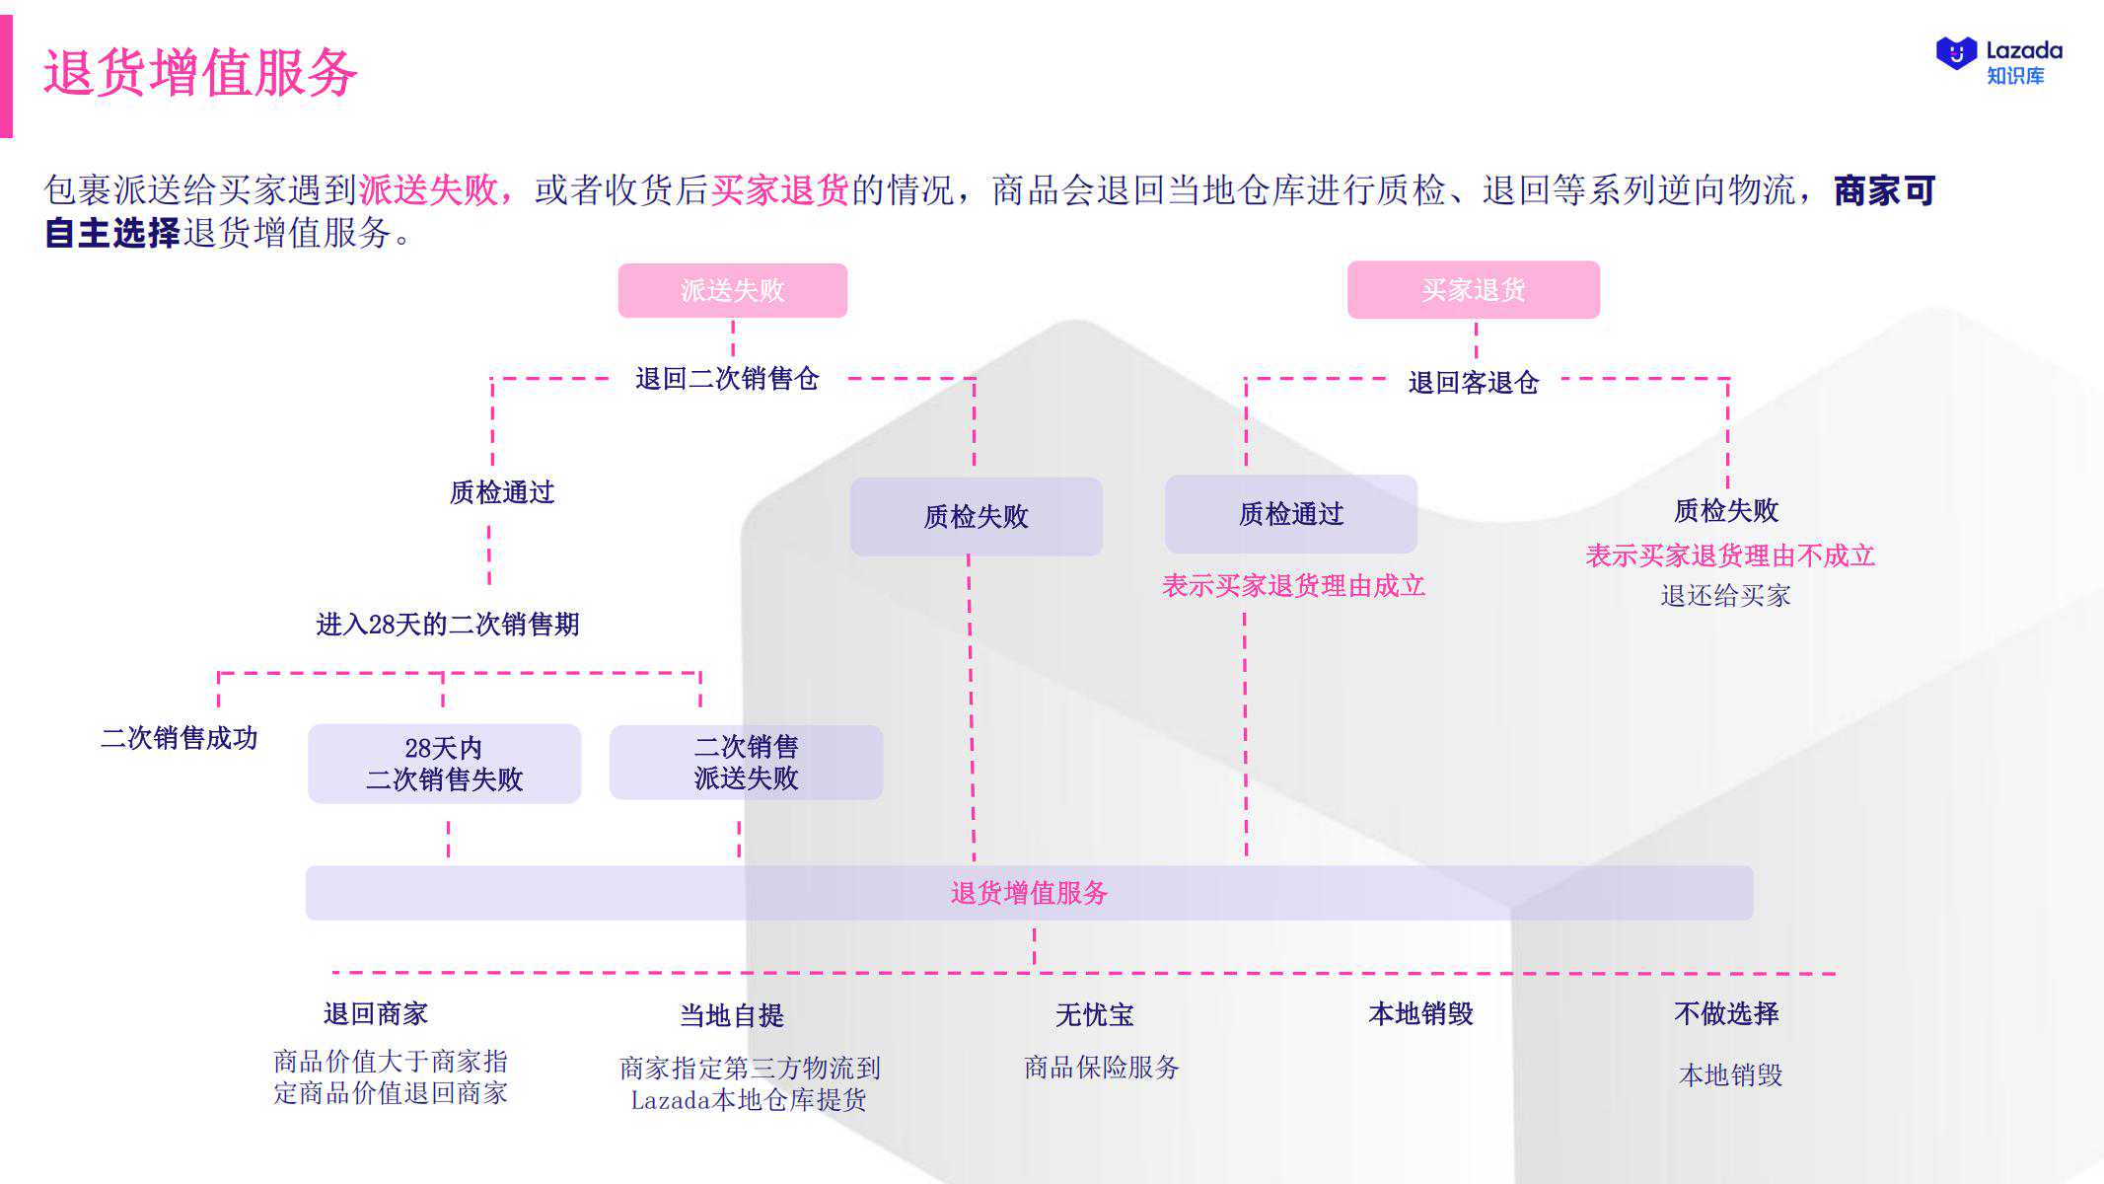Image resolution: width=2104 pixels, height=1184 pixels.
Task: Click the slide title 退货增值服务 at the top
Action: tap(199, 72)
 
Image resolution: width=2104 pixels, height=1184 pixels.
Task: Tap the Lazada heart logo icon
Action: tap(1957, 53)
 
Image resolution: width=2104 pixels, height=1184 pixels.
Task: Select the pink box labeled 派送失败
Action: tap(733, 290)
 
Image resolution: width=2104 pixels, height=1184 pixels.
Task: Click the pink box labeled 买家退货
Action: tap(1474, 289)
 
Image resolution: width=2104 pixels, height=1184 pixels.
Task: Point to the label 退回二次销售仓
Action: tap(727, 379)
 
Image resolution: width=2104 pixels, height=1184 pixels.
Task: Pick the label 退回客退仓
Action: tap(1474, 383)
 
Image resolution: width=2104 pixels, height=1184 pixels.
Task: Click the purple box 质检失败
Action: tap(977, 516)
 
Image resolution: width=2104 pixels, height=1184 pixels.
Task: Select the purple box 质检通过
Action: tap(1291, 514)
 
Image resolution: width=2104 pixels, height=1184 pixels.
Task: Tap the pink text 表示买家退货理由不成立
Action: tap(1730, 555)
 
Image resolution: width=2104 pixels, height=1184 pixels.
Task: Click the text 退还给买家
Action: tap(1725, 596)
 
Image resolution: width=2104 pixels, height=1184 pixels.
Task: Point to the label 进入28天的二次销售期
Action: tap(447, 625)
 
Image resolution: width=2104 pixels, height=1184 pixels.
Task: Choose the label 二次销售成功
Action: tap(180, 738)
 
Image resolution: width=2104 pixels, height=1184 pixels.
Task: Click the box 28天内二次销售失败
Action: tap(445, 764)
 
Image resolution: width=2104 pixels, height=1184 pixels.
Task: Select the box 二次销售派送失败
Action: tap(746, 762)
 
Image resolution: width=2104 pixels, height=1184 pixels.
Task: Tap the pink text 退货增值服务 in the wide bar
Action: tap(1029, 893)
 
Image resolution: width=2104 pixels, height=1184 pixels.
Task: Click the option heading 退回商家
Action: tap(376, 1013)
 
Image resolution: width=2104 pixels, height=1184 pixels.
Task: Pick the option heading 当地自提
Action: tap(732, 1015)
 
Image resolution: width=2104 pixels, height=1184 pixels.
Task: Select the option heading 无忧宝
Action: tap(1095, 1014)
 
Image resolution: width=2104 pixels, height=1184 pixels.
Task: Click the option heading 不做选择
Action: tap(1726, 1013)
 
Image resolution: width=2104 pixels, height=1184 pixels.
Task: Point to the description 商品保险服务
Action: tap(1102, 1067)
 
